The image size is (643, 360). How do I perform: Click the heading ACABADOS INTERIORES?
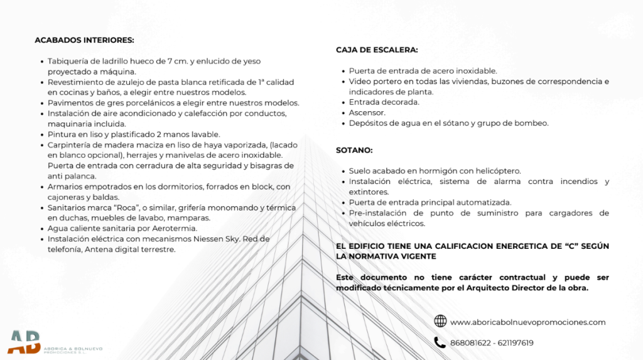pyautogui.click(x=84, y=40)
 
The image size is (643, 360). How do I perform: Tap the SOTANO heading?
pyautogui.click(x=354, y=150)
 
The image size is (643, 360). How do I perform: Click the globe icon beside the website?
pyautogui.click(x=440, y=322)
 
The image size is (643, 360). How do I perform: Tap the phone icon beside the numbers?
pyautogui.click(x=440, y=342)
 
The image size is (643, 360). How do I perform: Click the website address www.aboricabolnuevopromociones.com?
pyautogui.click(x=527, y=322)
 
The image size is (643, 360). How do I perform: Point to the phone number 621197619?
pyautogui.click(x=516, y=343)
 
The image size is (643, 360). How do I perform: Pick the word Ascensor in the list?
pyautogui.click(x=367, y=112)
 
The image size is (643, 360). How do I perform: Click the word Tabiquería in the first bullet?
pyautogui.click(x=69, y=61)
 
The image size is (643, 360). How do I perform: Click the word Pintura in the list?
pyautogui.click(x=62, y=134)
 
